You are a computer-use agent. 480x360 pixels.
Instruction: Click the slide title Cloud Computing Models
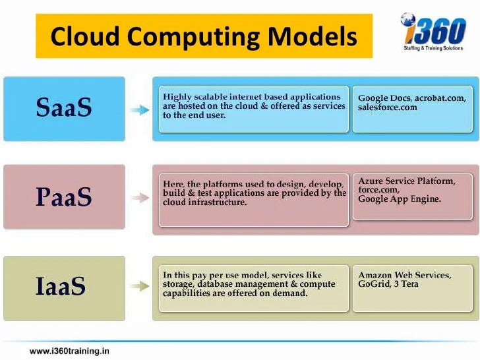click(x=203, y=36)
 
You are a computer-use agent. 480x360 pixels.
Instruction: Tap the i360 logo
click(x=433, y=32)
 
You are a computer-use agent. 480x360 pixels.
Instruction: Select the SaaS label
click(x=64, y=108)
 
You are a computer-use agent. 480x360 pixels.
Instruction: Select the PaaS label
click(x=64, y=196)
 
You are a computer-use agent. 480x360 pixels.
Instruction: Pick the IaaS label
click(x=61, y=287)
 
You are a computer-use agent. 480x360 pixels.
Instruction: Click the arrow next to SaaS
click(x=139, y=110)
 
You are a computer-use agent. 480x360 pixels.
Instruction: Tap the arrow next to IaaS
click(x=139, y=287)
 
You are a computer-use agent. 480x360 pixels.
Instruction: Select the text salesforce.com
click(x=388, y=107)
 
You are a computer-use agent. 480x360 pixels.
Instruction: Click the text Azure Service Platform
click(x=406, y=181)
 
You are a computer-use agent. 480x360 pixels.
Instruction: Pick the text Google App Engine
click(x=400, y=198)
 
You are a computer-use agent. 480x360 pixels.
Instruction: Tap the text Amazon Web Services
click(x=404, y=275)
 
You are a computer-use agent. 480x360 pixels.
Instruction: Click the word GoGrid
click(x=373, y=284)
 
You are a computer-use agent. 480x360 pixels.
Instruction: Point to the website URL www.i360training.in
click(x=69, y=351)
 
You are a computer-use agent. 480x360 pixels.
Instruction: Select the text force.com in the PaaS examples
click(x=378, y=190)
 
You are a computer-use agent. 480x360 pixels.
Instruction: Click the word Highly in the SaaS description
click(x=177, y=97)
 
